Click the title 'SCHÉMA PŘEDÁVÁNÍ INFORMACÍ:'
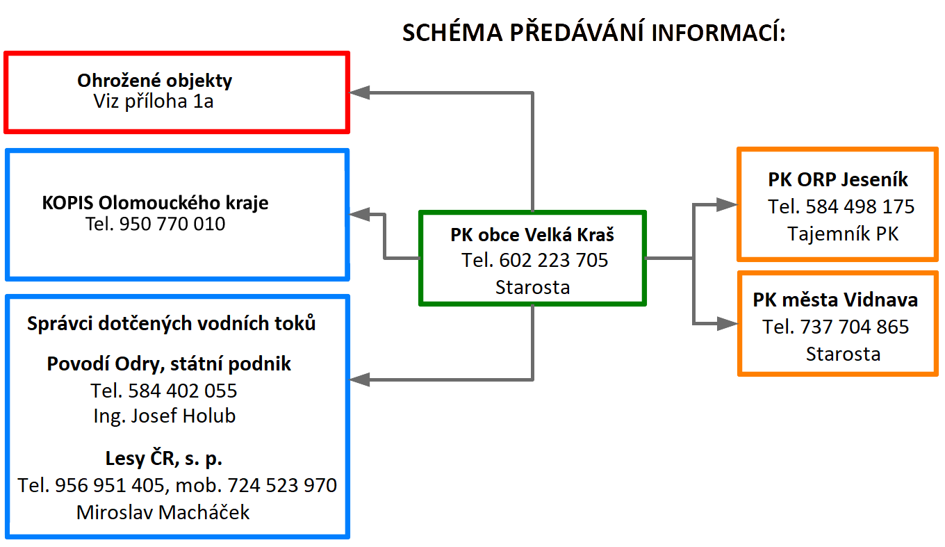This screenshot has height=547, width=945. (x=594, y=32)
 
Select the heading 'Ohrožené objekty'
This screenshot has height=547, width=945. (x=154, y=81)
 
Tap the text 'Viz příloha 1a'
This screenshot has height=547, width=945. (x=154, y=101)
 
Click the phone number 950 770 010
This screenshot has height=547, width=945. (x=172, y=224)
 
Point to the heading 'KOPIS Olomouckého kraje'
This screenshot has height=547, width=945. (x=155, y=203)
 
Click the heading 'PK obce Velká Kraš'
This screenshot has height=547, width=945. (x=532, y=235)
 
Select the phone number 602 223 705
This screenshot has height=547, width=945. (x=554, y=260)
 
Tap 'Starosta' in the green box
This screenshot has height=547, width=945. (x=532, y=288)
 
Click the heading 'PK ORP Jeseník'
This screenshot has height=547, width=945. (x=838, y=180)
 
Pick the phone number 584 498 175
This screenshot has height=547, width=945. (x=860, y=206)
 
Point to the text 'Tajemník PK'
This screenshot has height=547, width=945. (x=843, y=234)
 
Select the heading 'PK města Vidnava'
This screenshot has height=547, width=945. (x=835, y=300)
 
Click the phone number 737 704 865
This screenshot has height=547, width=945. (x=854, y=327)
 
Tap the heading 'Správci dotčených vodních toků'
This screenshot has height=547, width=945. (x=171, y=324)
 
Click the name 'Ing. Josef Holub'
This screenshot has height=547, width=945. (x=165, y=416)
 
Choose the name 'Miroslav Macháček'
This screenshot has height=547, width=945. (x=163, y=512)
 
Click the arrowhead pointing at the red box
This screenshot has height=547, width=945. (x=360, y=92)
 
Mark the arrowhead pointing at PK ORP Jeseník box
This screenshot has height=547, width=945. (x=728, y=205)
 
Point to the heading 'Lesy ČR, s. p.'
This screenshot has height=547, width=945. (x=164, y=458)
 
